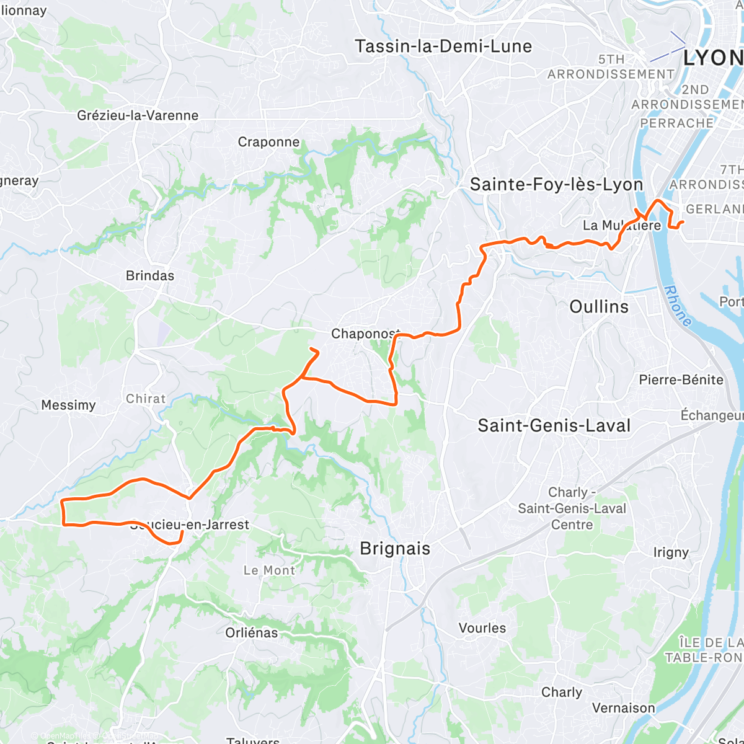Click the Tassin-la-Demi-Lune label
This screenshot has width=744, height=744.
click(443, 46)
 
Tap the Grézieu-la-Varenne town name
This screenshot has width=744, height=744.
click(138, 115)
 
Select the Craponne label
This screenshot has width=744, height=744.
click(268, 142)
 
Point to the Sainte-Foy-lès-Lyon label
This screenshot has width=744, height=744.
click(556, 185)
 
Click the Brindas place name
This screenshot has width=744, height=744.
click(150, 275)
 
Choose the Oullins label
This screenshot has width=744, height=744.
click(599, 307)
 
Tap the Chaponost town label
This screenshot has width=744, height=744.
click(365, 334)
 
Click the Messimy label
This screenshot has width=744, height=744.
click(68, 405)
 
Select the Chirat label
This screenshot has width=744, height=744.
click(146, 399)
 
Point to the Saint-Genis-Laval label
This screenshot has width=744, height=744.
click(554, 426)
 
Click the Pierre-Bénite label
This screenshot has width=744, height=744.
click(681, 379)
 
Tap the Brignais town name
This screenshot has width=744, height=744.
click(395, 549)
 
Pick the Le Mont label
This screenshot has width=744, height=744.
click(269, 570)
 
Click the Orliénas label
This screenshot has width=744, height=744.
click(252, 633)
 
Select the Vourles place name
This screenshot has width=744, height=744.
click(482, 628)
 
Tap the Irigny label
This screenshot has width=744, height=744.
click(671, 552)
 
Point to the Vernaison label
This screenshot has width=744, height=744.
click(623, 708)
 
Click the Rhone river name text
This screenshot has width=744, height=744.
click(677, 306)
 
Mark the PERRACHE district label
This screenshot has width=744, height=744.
click(676, 123)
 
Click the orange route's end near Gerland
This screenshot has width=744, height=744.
click(683, 222)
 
